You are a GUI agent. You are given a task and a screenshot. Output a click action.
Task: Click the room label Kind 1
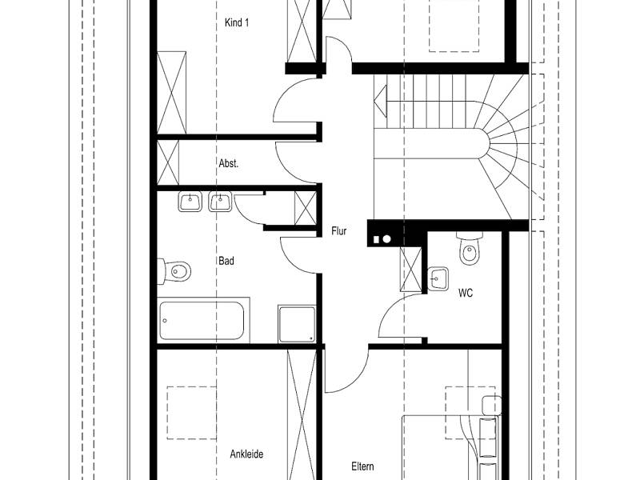[x=237, y=22]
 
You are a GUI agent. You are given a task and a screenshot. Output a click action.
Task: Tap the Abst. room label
[x=229, y=164]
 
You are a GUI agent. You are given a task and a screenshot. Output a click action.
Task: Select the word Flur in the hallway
[x=338, y=231]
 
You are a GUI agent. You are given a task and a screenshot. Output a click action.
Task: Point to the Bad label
[x=226, y=261]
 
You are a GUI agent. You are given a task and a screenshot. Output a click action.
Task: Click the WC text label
[x=466, y=293]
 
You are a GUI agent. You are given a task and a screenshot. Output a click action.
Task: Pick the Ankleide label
[x=246, y=454]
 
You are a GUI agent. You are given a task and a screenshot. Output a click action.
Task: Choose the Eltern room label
[x=362, y=466]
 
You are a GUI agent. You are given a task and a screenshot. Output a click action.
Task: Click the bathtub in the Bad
[x=203, y=321]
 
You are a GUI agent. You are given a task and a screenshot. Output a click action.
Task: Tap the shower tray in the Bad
[x=297, y=324]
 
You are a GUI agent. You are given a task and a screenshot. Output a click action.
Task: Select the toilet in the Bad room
[x=174, y=270]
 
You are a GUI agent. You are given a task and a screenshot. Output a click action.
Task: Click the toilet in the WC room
[x=470, y=248]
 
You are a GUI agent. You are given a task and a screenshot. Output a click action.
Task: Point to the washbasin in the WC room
[x=438, y=278]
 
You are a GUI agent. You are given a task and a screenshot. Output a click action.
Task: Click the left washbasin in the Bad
[x=190, y=202]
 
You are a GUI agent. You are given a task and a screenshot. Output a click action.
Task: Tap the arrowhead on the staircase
[x=381, y=101]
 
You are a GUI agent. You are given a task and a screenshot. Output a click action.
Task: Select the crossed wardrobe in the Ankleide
[x=302, y=414]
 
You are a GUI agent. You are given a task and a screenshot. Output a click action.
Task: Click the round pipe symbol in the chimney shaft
[x=387, y=238]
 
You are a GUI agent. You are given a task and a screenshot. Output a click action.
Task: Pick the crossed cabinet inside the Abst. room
[x=168, y=162]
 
